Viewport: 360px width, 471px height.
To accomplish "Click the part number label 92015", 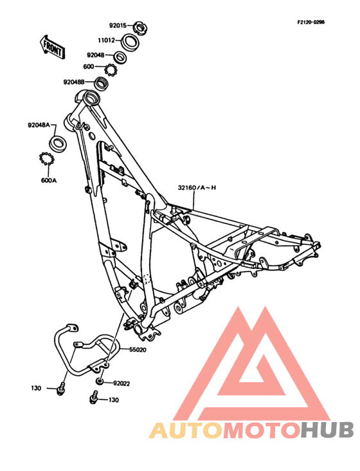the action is pyautogui.click(x=118, y=26).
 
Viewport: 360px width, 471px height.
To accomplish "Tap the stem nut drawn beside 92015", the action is pyautogui.click(x=139, y=28).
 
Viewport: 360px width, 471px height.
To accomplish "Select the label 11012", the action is pyautogui.click(x=106, y=41).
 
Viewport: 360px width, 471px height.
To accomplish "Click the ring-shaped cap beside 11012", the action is pyautogui.click(x=130, y=42).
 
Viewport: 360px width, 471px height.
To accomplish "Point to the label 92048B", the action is pyautogui.click(x=74, y=82).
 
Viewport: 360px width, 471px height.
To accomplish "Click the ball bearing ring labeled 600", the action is pyautogui.click(x=111, y=70).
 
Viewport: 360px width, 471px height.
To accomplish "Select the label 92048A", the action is pyautogui.click(x=39, y=125).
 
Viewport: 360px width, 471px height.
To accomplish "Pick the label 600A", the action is pyautogui.click(x=49, y=181).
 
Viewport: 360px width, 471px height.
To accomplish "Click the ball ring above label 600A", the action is pyautogui.click(x=46, y=158).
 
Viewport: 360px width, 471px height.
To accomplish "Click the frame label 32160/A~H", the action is pyautogui.click(x=197, y=188).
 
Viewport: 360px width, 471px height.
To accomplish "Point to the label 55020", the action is pyautogui.click(x=138, y=349).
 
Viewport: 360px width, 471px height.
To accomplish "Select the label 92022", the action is pyautogui.click(x=122, y=383).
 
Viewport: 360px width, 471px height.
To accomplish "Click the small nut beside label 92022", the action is pyautogui.click(x=100, y=382).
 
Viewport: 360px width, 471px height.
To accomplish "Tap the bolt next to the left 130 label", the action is pyautogui.click(x=61, y=389).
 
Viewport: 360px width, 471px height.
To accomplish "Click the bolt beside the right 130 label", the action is pyautogui.click(x=94, y=397).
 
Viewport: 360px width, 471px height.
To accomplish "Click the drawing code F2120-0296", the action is pyautogui.click(x=310, y=23).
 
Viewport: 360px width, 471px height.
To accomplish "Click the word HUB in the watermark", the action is pyautogui.click(x=327, y=430).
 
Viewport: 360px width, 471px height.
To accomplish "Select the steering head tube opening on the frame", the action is pyautogui.click(x=91, y=98).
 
